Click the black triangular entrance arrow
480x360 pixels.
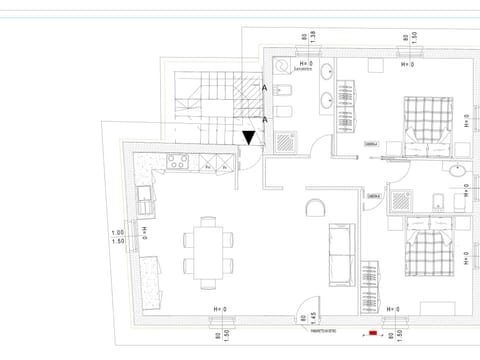(249, 137)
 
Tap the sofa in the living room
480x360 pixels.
(341, 253)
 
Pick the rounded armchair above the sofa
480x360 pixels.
(316, 207)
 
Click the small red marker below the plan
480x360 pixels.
(373, 332)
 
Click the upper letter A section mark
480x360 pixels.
(264, 89)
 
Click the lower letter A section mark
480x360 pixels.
(264, 120)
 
